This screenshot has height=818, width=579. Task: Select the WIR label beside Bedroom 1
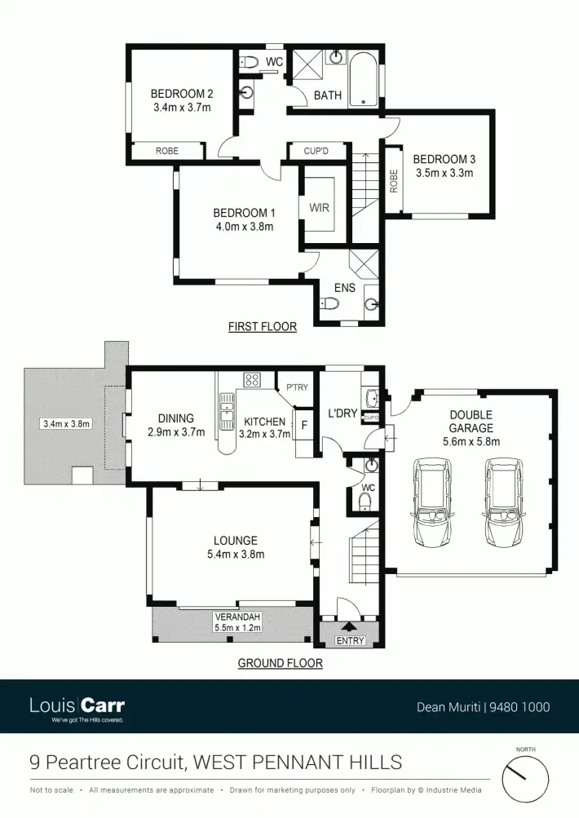pos(319,207)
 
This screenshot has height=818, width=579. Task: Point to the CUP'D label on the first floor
pos(316,151)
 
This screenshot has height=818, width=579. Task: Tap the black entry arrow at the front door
pos(349,627)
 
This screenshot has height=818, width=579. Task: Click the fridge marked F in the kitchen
pos(304,426)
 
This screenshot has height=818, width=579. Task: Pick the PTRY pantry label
pos(297,387)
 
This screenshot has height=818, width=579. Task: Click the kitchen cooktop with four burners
pos(252,379)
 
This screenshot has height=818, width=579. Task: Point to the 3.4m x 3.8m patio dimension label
pos(66,423)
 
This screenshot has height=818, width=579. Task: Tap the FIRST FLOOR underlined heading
pos(262,327)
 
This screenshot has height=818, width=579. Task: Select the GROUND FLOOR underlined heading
pos(280,663)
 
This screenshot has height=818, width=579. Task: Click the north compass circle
pos(525,778)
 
